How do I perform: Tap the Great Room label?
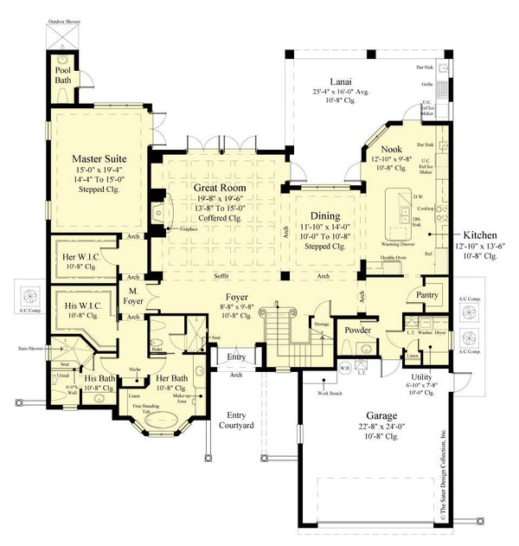(x=220, y=187)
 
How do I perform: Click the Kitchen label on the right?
(x=479, y=234)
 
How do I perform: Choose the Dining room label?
(x=320, y=216)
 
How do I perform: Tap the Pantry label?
(x=427, y=295)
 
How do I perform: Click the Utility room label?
(x=422, y=377)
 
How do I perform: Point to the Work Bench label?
(x=330, y=394)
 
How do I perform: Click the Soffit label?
(x=221, y=277)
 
